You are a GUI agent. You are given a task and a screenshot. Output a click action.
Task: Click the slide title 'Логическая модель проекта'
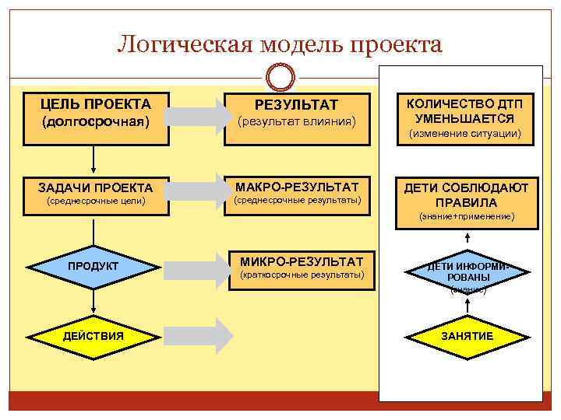[x=280, y=44]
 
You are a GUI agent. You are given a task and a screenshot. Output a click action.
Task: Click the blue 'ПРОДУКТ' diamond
[x=93, y=267]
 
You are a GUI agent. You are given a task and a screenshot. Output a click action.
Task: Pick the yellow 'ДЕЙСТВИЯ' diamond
[x=93, y=335]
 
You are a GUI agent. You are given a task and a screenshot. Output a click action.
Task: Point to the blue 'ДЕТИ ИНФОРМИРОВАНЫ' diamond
[x=467, y=275]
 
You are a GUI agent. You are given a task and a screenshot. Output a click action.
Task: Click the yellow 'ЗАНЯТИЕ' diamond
[x=467, y=336]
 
